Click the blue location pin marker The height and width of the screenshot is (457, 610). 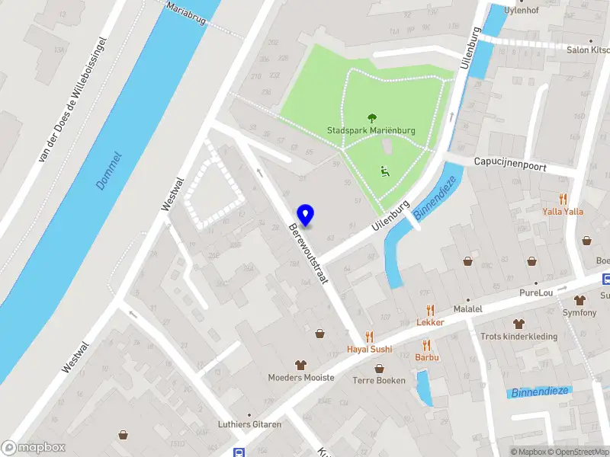[306, 216]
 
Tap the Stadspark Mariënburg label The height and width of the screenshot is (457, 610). [371, 130]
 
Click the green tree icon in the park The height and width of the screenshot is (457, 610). [372, 118]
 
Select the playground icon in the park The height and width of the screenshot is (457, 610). [385, 171]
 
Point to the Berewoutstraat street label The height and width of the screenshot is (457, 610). [308, 254]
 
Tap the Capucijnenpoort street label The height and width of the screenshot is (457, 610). [510, 163]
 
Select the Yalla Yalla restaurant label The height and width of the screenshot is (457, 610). [563, 211]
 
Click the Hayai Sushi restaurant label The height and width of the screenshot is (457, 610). [369, 349]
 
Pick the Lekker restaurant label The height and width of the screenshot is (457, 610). [430, 322]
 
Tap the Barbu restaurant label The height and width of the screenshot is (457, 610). [426, 356]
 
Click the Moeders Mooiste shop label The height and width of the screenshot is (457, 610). [300, 377]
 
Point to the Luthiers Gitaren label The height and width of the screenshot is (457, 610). [249, 424]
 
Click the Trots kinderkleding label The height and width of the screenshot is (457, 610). [518, 336]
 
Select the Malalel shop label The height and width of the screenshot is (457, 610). [467, 309]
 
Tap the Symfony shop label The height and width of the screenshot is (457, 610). [579, 313]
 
